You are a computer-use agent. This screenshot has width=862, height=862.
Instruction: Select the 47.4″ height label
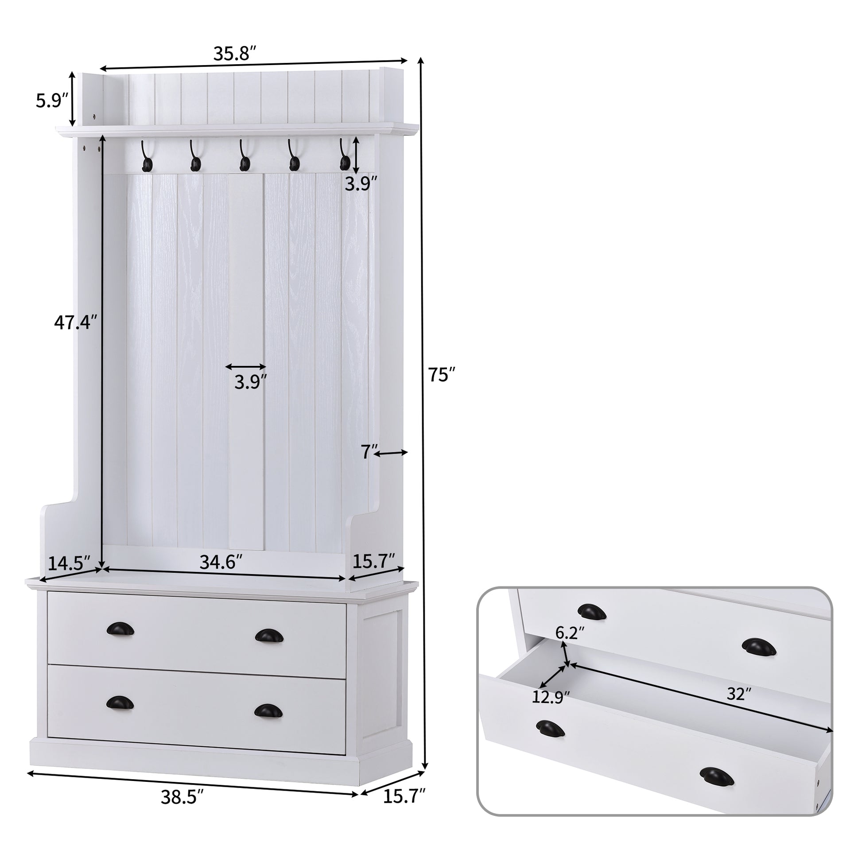(75, 322)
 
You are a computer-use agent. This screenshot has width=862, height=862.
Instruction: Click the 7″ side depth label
(369, 452)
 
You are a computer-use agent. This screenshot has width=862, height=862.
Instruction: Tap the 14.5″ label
(69, 563)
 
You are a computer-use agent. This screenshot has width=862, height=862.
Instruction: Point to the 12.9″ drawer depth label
(551, 710)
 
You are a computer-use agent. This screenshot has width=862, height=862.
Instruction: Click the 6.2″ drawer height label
(570, 632)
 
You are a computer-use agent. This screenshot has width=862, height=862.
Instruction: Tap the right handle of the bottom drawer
(268, 711)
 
